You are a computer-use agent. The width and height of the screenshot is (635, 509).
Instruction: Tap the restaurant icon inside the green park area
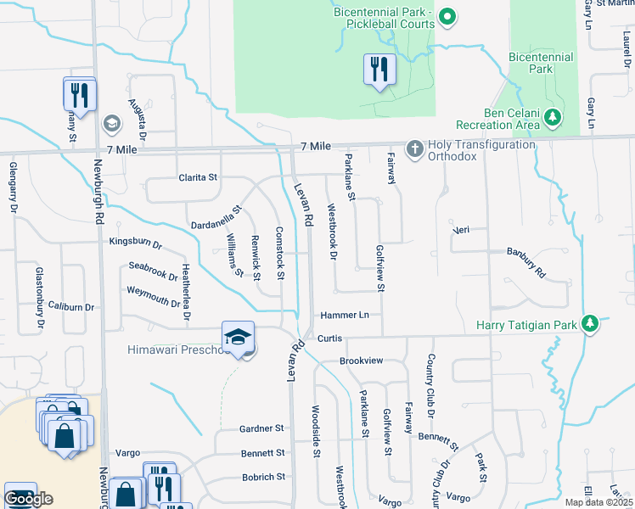pos(379,70)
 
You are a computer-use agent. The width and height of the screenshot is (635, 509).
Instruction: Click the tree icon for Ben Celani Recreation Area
pos(554,118)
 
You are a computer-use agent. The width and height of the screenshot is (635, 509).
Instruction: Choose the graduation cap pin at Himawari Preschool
pos(239,338)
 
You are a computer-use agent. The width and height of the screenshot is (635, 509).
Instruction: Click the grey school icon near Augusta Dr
pos(111,125)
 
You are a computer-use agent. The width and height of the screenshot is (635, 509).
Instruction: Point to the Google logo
pos(28,499)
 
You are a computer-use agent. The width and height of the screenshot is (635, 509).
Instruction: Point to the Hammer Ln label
pos(345,315)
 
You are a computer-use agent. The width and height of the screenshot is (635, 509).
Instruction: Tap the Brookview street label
pos(362,361)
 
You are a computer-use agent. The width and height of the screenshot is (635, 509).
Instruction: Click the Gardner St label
pos(261,429)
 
